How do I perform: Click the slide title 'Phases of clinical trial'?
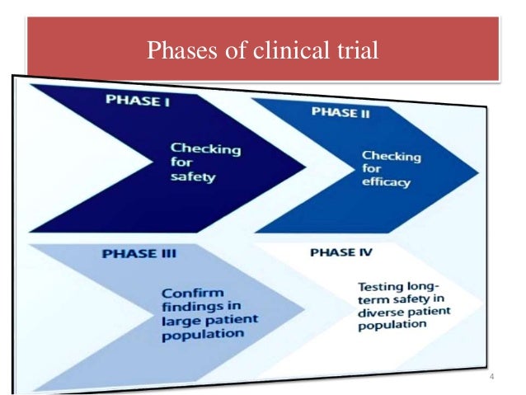262,51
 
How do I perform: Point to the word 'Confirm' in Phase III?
186,293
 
